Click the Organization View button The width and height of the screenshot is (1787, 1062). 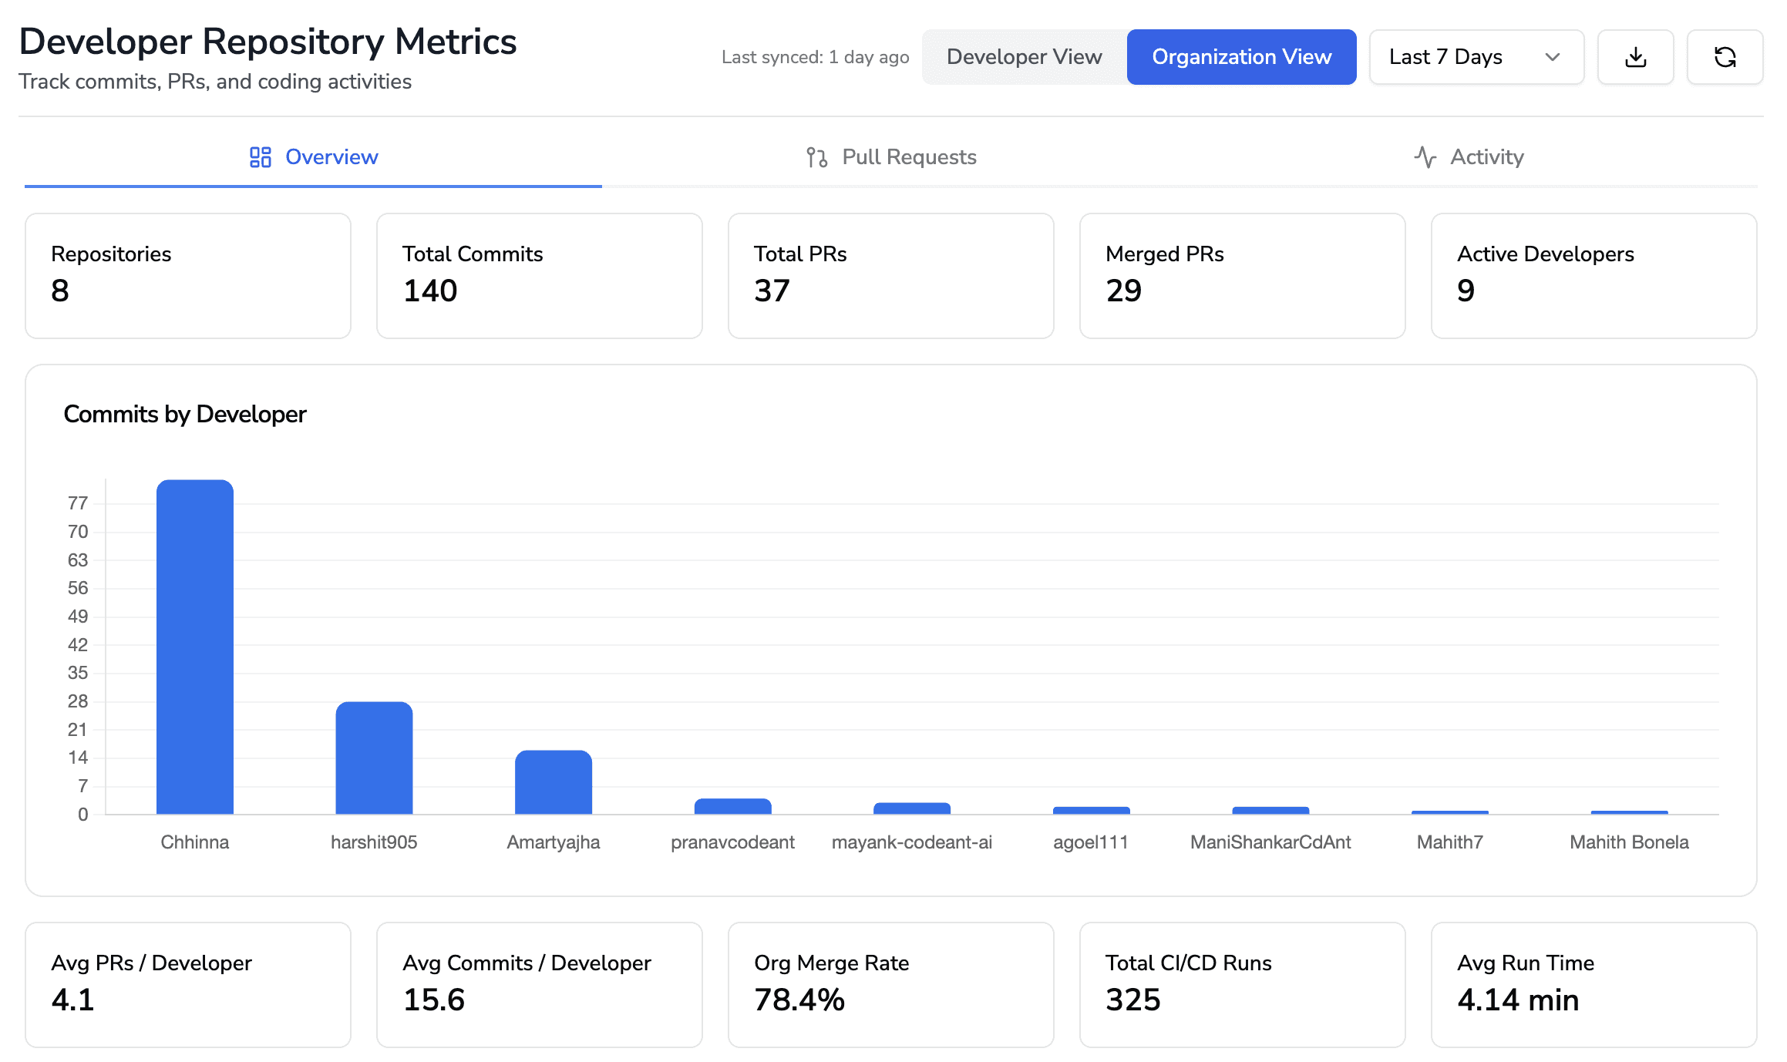[x=1241, y=57]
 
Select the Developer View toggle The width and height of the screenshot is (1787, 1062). [x=1024, y=57]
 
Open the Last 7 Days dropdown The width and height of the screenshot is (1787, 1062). [x=1476, y=57]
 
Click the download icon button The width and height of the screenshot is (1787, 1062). [x=1635, y=57]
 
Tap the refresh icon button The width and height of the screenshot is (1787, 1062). [x=1725, y=57]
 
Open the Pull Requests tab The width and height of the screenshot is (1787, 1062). [x=891, y=157]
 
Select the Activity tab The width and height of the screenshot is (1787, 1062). [x=1469, y=157]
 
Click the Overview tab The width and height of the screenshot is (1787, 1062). [x=314, y=157]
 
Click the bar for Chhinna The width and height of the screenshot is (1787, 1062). [x=195, y=647]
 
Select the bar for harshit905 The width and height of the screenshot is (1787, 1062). [x=374, y=758]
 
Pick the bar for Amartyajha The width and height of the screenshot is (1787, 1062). [x=554, y=782]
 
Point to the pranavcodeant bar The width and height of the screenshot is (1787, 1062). [x=732, y=806]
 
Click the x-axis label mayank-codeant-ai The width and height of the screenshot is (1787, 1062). [x=911, y=842]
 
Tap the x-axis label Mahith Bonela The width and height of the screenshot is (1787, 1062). [x=1629, y=842]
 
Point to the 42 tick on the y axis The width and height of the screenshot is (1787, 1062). [x=78, y=645]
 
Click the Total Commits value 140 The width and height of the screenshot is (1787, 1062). [x=430, y=291]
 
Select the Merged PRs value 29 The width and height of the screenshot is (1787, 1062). [x=1123, y=291]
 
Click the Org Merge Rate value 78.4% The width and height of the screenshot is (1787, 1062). [x=799, y=1000]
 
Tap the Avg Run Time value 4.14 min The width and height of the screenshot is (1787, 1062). [x=1517, y=1000]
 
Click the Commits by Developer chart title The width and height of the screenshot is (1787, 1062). [x=185, y=415]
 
